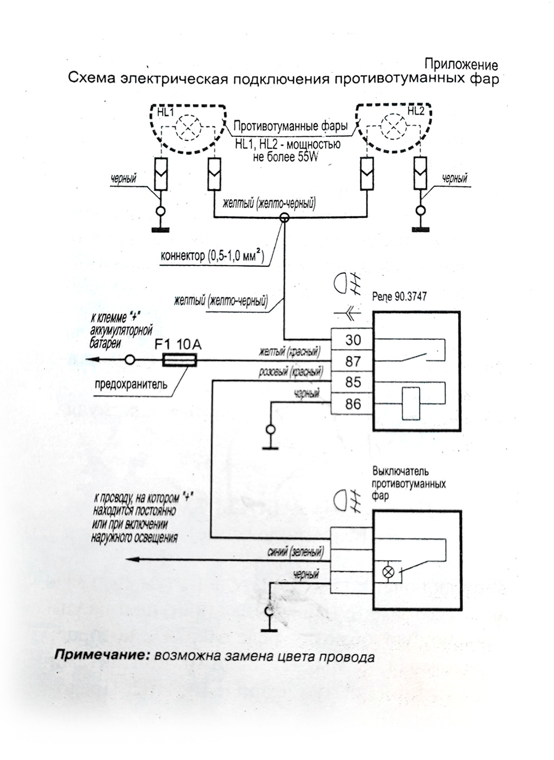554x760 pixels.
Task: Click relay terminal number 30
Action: tap(353, 340)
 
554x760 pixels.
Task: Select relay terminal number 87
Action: tap(353, 362)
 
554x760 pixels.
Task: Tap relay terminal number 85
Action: tap(353, 382)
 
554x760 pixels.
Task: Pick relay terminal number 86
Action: tap(353, 404)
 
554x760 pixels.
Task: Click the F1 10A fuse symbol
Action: tap(180, 360)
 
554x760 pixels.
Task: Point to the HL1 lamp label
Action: tap(165, 112)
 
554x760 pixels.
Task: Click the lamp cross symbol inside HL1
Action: tap(188, 128)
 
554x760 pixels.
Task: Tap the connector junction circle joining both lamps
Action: tap(284, 218)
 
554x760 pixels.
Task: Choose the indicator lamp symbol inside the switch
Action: tap(388, 572)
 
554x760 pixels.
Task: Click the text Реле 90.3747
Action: tap(399, 297)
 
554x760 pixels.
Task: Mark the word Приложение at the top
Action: tap(461, 65)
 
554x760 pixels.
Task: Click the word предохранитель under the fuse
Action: tap(131, 384)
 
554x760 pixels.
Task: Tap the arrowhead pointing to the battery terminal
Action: tap(91, 359)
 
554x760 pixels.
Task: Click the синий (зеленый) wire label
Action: tap(295, 552)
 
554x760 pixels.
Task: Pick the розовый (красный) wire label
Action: tap(290, 372)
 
